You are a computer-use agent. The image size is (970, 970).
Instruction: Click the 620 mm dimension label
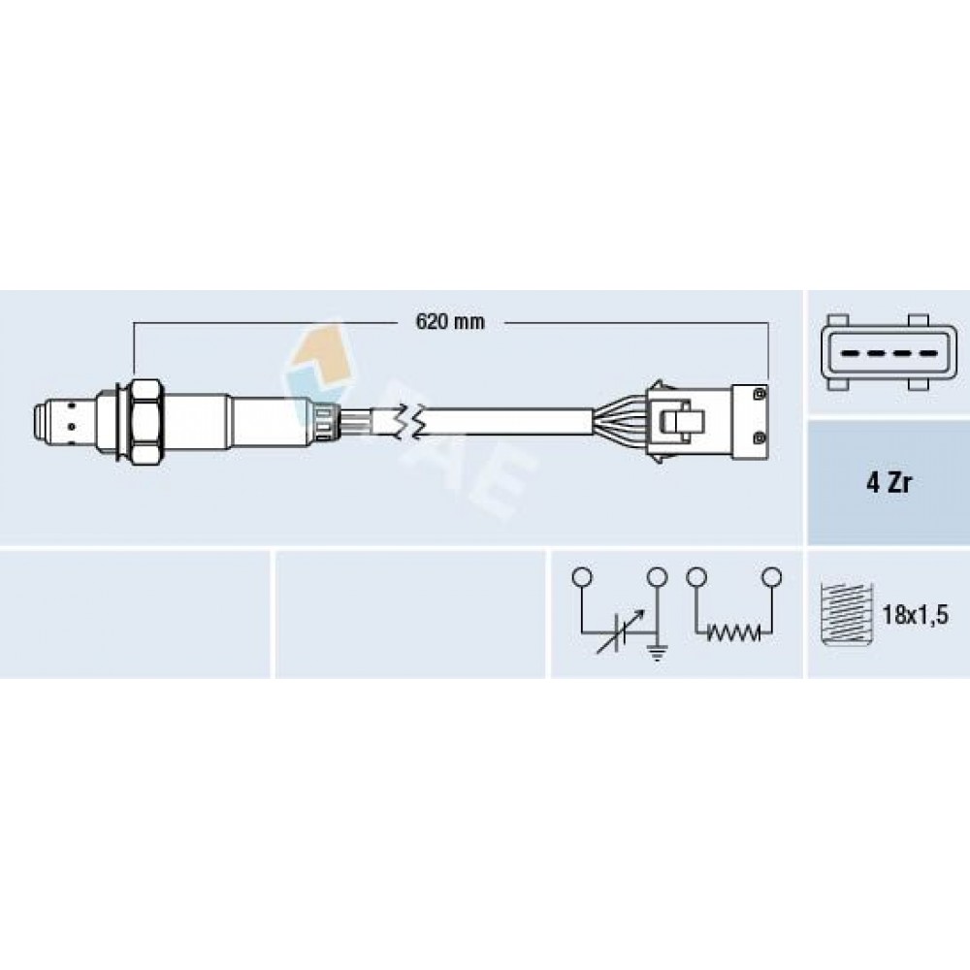450,322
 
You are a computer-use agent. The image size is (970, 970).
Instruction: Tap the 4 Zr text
889,483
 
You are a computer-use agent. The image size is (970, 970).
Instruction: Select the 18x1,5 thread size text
915,616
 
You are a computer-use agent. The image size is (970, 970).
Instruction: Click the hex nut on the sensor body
147,423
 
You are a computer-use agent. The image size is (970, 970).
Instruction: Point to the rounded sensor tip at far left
41,423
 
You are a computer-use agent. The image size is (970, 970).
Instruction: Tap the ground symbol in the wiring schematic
657,652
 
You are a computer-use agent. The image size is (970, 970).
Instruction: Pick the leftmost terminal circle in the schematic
582,577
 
